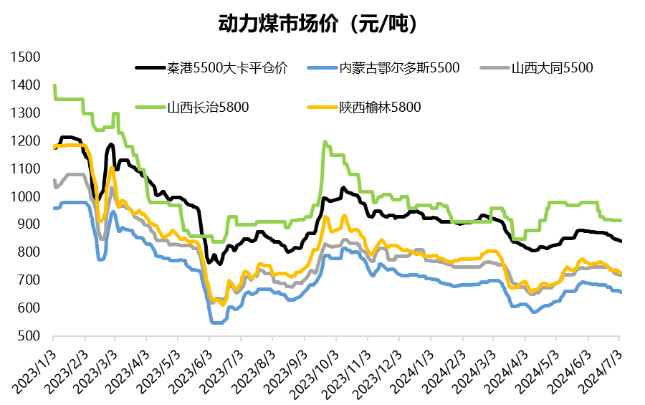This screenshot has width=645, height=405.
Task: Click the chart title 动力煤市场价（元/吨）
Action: click(317, 24)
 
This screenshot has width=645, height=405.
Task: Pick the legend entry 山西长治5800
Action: click(209, 108)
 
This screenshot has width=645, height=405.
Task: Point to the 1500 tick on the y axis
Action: click(27, 57)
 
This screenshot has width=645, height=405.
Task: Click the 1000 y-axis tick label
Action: click(27, 196)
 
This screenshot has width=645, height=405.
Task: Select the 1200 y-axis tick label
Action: click(27, 141)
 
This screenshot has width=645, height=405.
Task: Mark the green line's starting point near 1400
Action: click(54, 86)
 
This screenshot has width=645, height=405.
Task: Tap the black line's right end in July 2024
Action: click(620, 242)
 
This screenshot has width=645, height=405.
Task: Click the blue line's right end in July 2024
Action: click(620, 292)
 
